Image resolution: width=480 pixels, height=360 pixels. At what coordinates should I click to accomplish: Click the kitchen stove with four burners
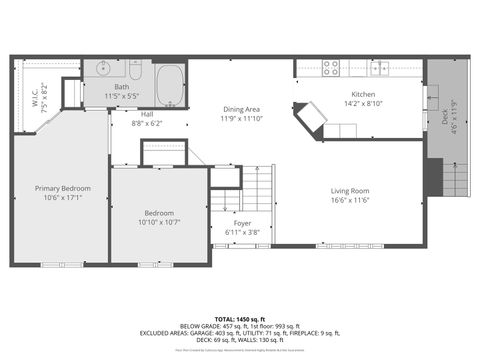331,68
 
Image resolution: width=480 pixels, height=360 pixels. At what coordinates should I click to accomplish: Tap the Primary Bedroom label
63,188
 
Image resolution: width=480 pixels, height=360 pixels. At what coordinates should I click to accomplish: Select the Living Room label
351,190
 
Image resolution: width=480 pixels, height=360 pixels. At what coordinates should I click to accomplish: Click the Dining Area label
241,109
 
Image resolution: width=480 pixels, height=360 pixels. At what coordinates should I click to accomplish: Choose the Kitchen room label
362,93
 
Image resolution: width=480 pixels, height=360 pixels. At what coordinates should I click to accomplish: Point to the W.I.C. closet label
34,97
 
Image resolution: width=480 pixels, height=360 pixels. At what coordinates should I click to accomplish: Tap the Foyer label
243,223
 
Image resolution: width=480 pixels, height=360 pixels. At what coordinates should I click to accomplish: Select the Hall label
147,114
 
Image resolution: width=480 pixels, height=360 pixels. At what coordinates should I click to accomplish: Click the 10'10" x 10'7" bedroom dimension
159,222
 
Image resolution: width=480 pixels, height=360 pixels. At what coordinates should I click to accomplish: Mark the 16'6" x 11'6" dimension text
351,200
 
